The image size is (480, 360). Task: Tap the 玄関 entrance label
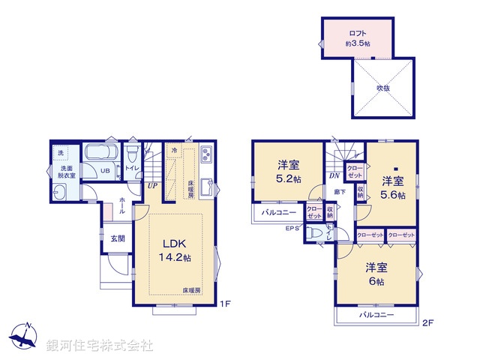109,239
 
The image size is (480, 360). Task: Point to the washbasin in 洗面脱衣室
61,191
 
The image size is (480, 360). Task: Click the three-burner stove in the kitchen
207,157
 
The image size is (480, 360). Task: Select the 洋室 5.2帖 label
289,171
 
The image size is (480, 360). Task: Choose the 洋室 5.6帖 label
391,187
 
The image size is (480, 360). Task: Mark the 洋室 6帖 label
376,274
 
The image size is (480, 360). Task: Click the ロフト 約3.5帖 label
357,37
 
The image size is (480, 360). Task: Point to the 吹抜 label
382,88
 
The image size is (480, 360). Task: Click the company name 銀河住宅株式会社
99,346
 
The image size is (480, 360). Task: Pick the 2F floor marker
427,323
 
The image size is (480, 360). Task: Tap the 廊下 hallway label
340,192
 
